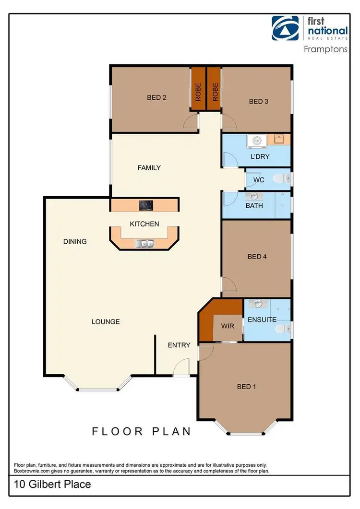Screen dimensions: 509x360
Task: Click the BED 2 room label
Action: [x=156, y=97]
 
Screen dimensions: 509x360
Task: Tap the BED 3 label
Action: [x=258, y=101]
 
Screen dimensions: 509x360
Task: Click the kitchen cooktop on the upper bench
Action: [x=146, y=205]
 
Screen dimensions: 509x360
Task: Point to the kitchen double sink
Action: [x=144, y=244]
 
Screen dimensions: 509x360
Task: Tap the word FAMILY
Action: [x=149, y=168]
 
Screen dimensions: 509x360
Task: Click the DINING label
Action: [x=75, y=241]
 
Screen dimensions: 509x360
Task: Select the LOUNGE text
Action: [x=106, y=321]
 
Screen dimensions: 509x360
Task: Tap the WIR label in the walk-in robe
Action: [x=227, y=326]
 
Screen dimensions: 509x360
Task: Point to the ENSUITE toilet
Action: [x=284, y=329]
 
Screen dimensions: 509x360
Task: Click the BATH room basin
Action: [x=253, y=196]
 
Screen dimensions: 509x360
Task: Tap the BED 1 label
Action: [x=246, y=386]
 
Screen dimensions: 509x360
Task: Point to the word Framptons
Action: [x=326, y=49]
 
